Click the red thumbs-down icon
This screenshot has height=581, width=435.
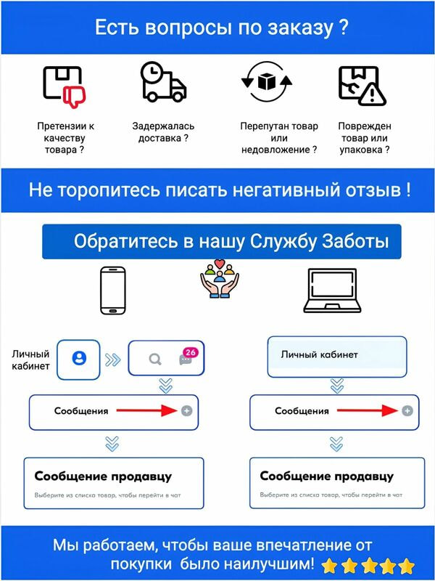(75, 97)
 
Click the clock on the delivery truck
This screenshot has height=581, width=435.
(152, 73)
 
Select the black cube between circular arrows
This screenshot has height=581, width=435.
(265, 81)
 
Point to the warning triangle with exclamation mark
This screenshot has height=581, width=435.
(372, 94)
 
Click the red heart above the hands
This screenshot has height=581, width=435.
(220, 264)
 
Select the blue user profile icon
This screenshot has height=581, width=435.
(79, 358)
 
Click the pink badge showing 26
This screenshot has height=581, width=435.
(190, 352)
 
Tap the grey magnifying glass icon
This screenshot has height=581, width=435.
(155, 359)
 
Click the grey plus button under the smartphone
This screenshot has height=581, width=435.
(187, 410)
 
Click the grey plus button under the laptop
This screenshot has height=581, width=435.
(407, 410)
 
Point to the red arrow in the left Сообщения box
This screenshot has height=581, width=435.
(147, 410)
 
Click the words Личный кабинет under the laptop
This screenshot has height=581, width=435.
(319, 354)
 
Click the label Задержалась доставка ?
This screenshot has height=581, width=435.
(163, 132)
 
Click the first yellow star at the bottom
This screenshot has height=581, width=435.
(329, 566)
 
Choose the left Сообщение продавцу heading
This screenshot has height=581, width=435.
(103, 476)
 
